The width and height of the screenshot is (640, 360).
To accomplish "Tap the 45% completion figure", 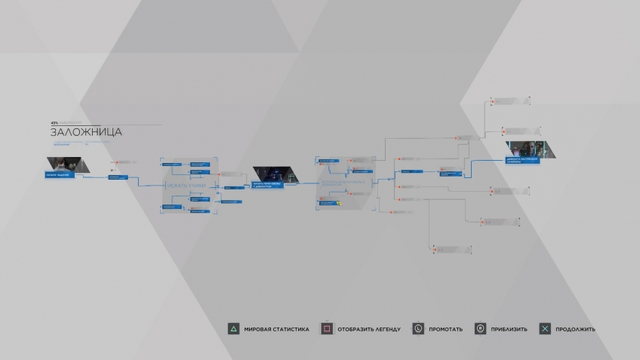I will (54, 122).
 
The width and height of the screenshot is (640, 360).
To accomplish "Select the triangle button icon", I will (234, 329).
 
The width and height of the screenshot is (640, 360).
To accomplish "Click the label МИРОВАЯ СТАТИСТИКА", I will (276, 329).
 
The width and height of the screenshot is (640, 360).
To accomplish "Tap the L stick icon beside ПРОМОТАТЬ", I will (418, 329).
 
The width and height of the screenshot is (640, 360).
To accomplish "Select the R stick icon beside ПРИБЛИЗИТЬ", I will (480, 329).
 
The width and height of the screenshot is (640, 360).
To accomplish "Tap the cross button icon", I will (545, 329).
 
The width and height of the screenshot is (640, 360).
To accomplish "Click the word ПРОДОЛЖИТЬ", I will (575, 329).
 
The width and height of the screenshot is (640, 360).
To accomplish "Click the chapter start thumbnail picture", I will (63, 164).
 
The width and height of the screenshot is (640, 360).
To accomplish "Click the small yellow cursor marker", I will (340, 203).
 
